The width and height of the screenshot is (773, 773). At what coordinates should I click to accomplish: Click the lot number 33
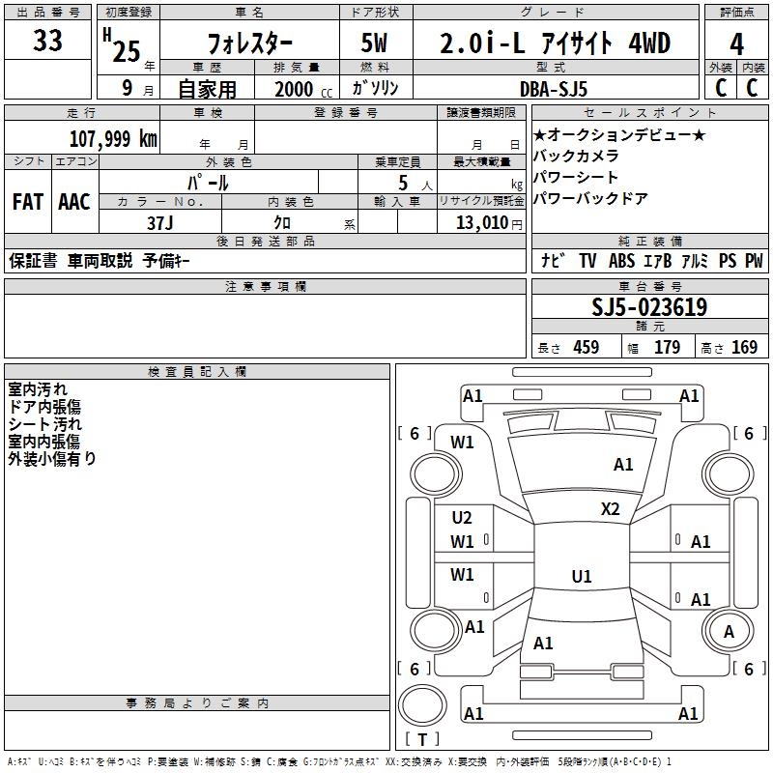click(47, 42)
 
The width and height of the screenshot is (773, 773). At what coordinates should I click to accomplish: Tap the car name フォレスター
click(248, 44)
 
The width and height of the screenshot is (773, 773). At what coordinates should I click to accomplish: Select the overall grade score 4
click(736, 43)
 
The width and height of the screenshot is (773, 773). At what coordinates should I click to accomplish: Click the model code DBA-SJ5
click(565, 87)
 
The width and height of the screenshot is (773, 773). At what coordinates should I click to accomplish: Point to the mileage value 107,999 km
click(112, 138)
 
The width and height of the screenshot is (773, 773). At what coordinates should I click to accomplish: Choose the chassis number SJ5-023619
click(648, 307)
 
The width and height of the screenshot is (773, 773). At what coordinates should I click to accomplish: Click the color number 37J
click(160, 221)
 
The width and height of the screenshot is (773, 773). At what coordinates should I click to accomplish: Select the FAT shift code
click(27, 201)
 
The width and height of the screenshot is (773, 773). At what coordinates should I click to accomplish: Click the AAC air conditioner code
click(74, 201)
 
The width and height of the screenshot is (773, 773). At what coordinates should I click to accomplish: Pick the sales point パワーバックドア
click(590, 198)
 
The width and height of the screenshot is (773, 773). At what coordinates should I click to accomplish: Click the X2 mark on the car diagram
click(611, 509)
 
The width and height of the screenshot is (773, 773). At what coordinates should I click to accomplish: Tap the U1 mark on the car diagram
click(581, 577)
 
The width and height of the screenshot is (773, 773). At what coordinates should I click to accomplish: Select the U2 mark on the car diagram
click(462, 518)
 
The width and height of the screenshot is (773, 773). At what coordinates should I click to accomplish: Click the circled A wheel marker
click(729, 631)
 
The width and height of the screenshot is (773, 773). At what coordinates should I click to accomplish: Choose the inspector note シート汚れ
click(45, 424)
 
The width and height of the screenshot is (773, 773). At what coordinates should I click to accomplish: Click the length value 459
click(587, 347)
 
